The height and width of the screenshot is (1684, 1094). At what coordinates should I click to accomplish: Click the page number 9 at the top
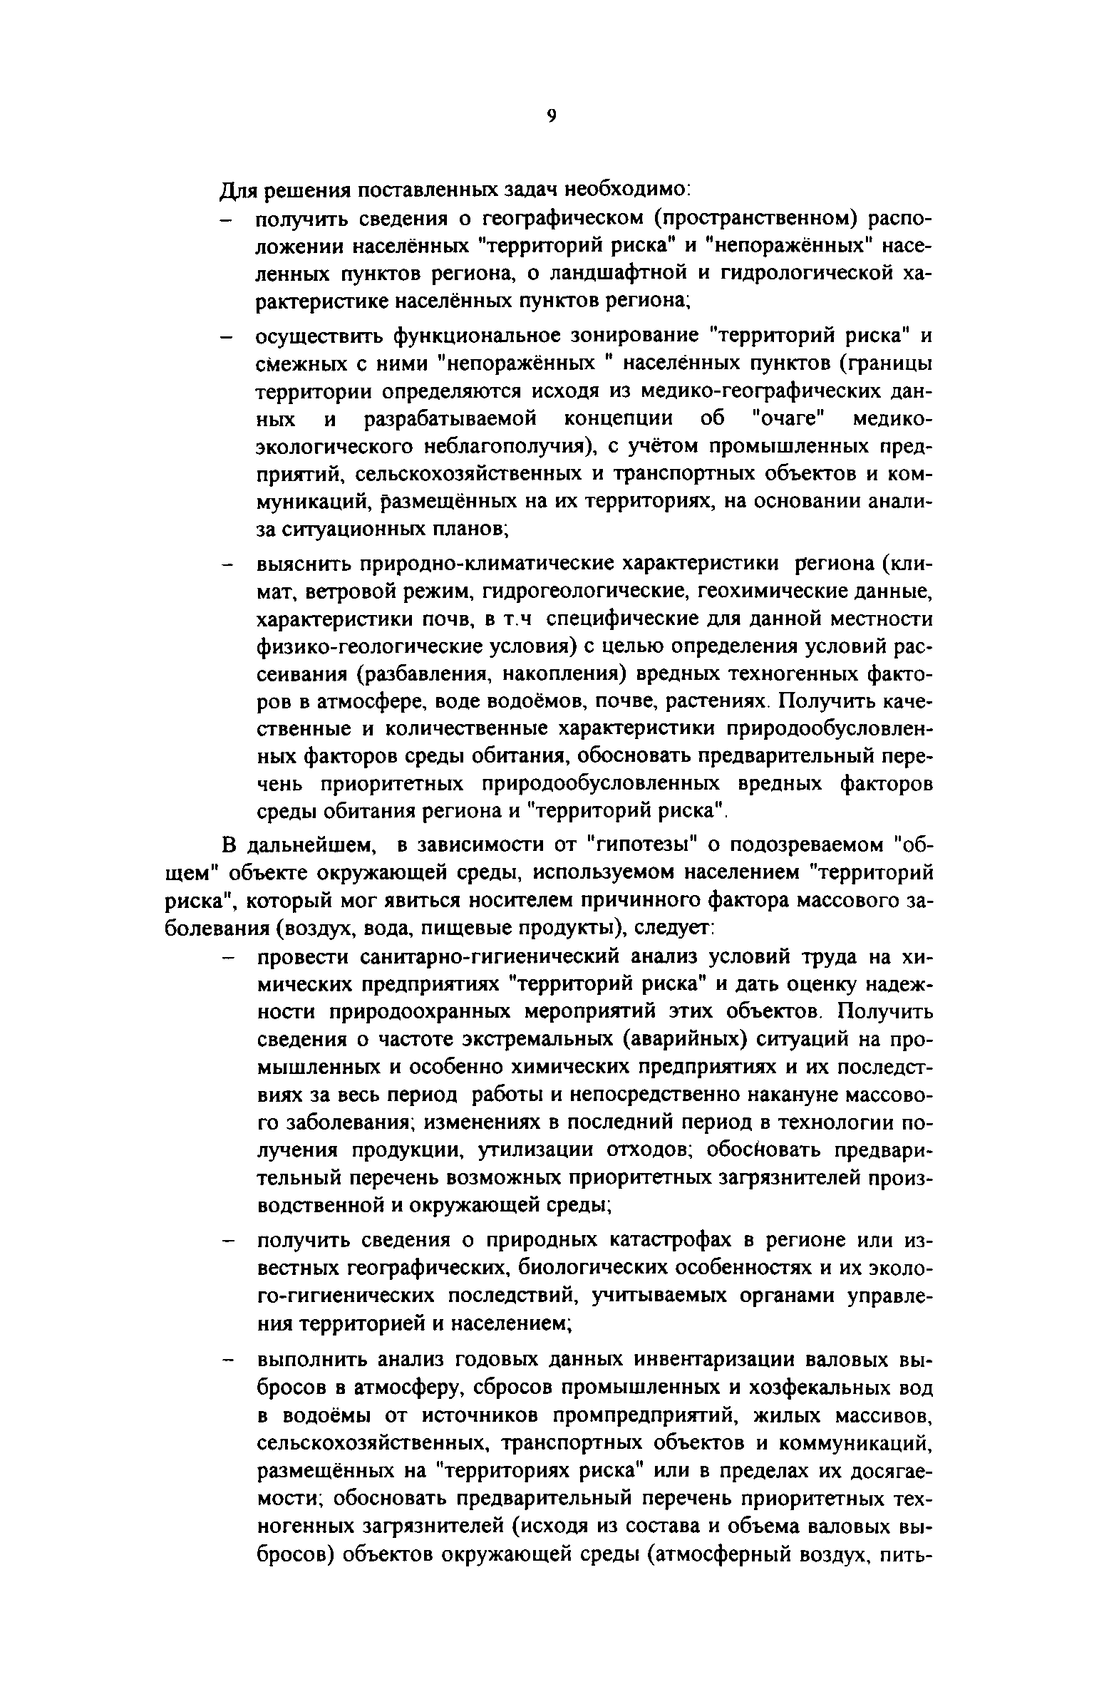pos(551,117)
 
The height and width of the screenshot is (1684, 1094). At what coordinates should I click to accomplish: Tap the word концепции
pos(616,419)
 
